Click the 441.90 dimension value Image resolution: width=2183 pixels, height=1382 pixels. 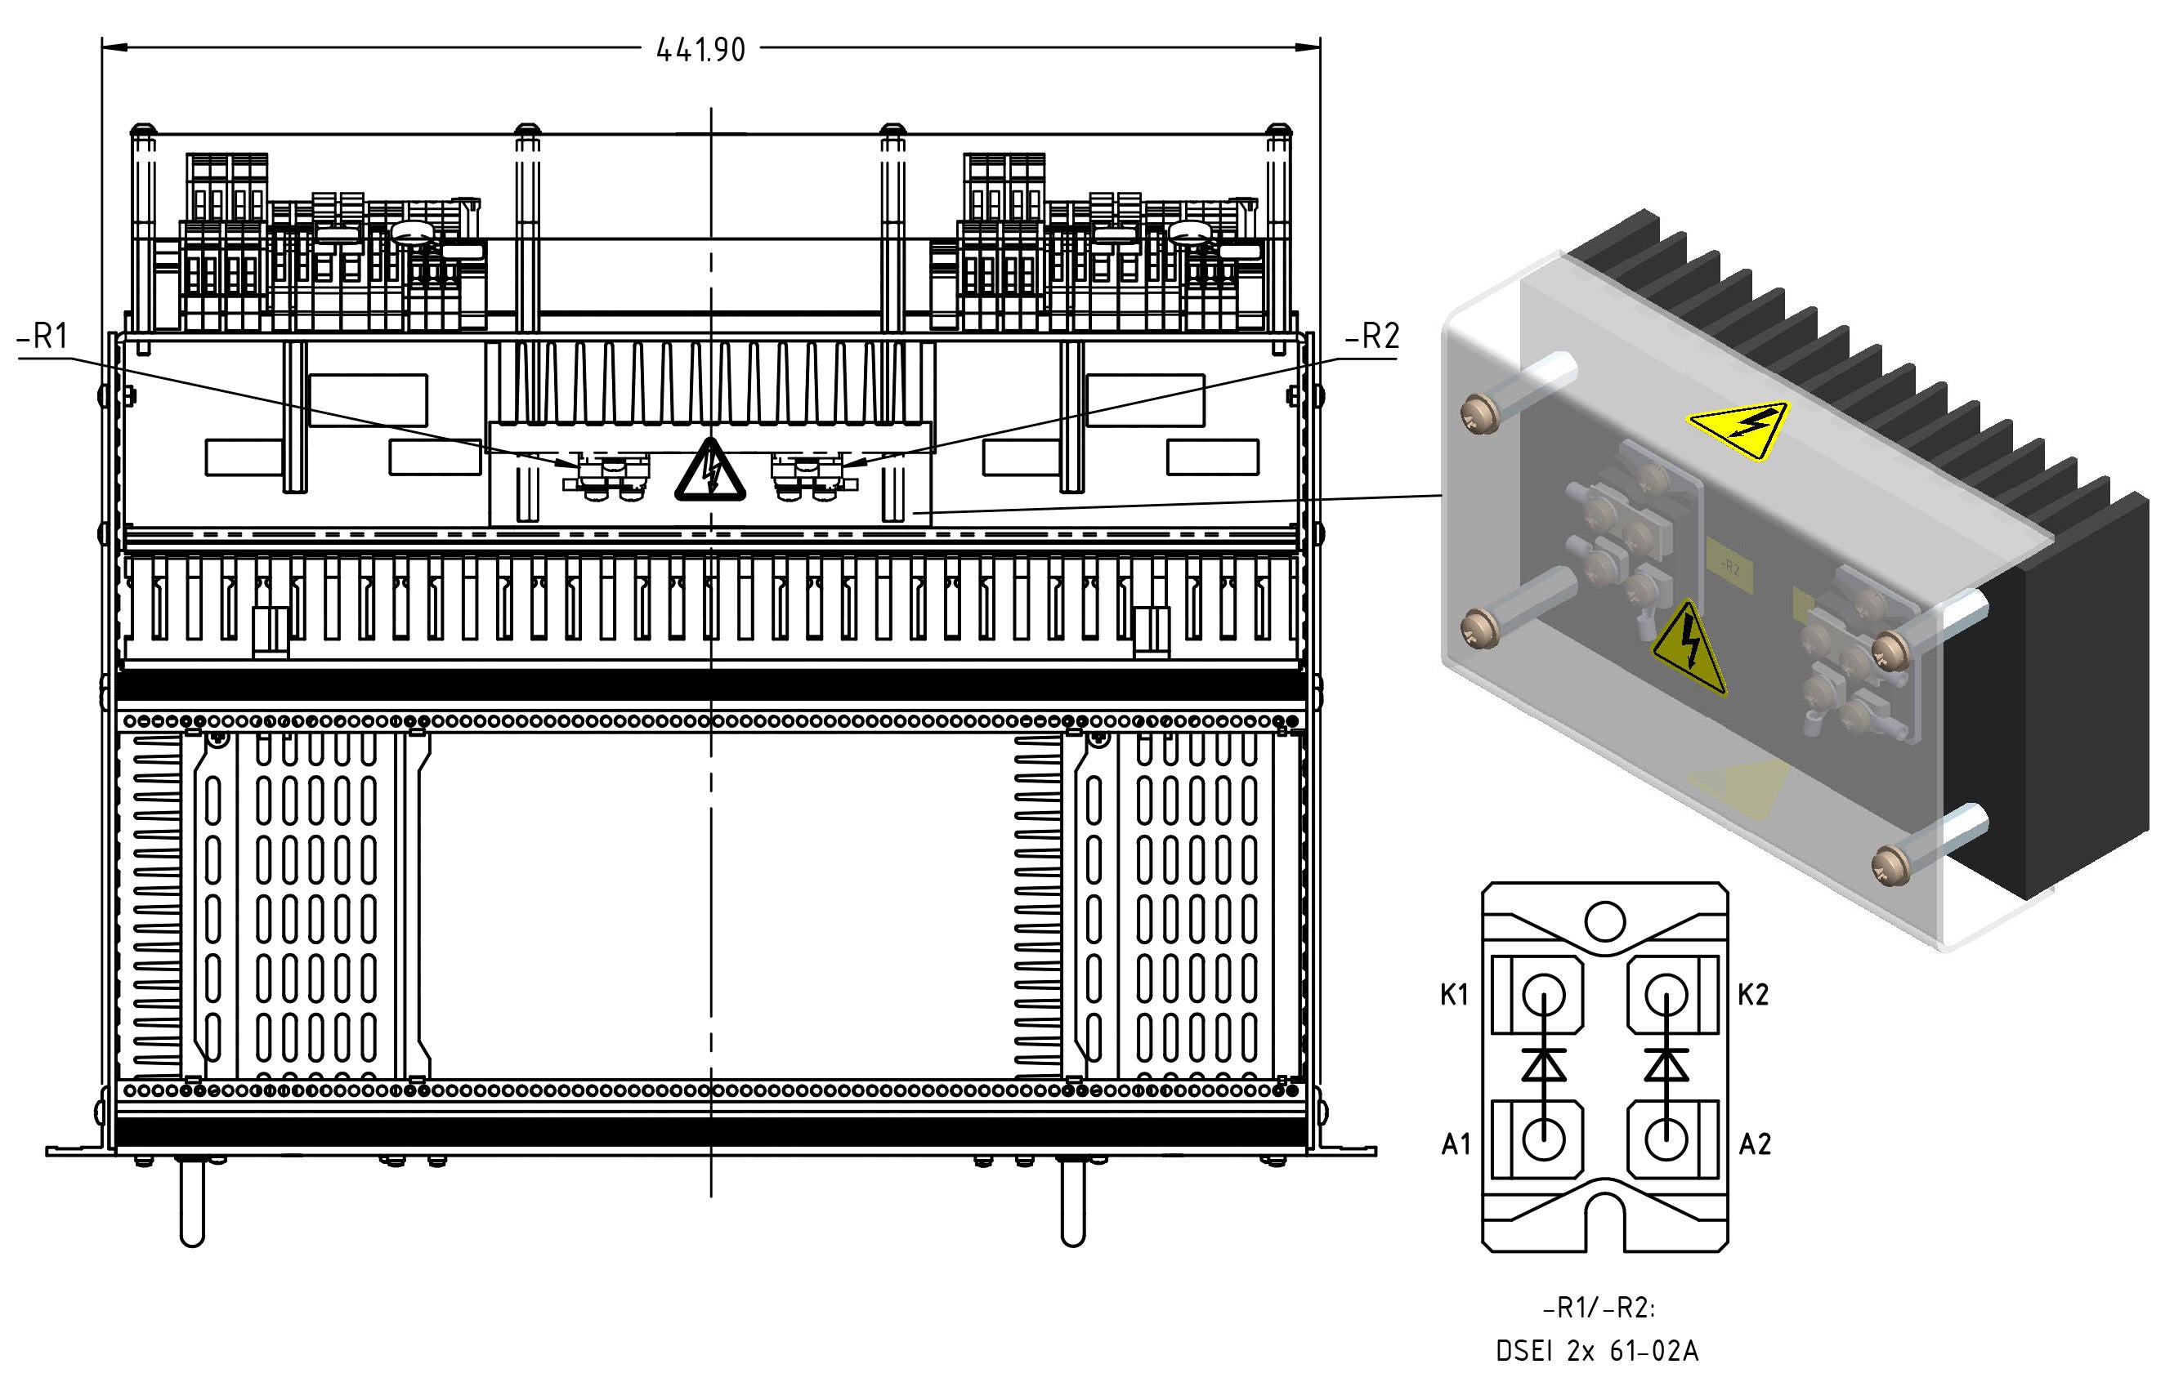click(700, 50)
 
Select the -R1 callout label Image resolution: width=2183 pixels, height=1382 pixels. click(42, 337)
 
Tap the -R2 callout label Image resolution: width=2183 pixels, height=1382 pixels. click(1372, 337)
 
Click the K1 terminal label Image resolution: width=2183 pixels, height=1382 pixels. click(1454, 995)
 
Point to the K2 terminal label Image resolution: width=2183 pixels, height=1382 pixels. click(1753, 995)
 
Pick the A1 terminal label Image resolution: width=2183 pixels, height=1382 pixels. click(1456, 1144)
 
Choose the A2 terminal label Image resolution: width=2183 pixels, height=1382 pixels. click(1755, 1144)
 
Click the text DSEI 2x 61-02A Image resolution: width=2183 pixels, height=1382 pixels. click(1597, 1351)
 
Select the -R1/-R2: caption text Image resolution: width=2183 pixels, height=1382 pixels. click(1599, 1308)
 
